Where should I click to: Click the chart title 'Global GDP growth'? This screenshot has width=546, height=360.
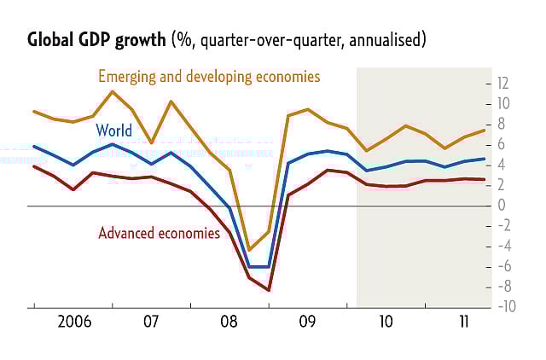pos(97,40)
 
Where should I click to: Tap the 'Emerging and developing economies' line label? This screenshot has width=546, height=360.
pos(209,76)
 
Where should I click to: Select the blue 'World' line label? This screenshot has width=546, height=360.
pos(113,131)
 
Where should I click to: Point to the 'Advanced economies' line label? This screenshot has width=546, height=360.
pos(159,232)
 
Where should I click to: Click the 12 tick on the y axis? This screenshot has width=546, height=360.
pos(503,83)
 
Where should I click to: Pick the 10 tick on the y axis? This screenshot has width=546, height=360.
pos(503,103)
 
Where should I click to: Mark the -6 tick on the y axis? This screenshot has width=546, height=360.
pos(503,266)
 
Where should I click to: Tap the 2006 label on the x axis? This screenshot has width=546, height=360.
pos(74,322)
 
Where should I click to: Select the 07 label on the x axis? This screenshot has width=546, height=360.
pos(151,322)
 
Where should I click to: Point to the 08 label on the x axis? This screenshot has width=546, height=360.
pos(229,322)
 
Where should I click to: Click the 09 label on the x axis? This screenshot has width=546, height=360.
pos(307,322)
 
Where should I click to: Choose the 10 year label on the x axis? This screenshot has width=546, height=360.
pos(386,322)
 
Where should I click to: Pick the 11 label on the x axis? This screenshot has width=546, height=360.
pos(463,322)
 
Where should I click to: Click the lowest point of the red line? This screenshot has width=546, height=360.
pos(270,290)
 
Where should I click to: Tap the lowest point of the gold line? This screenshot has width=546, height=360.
pos(250,249)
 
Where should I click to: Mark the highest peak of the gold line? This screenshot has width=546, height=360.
pos(113,91)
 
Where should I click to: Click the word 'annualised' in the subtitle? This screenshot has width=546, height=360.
pos(385,40)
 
